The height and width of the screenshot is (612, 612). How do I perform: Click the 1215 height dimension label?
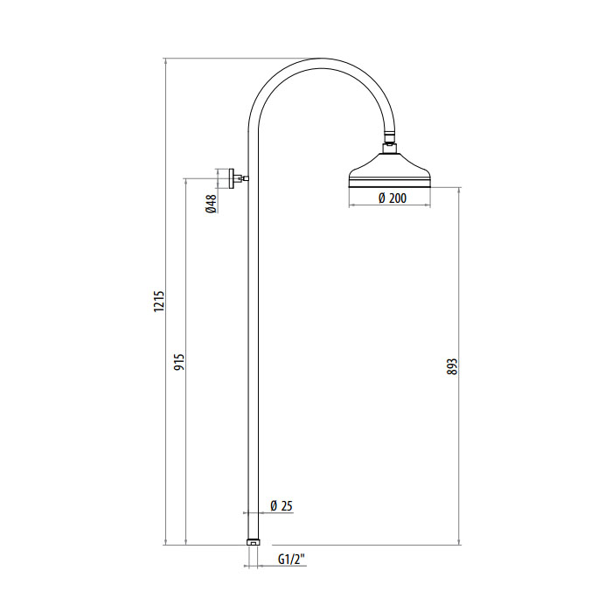pyautogui.click(x=159, y=301)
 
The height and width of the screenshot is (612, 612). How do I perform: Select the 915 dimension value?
pyautogui.click(x=179, y=362)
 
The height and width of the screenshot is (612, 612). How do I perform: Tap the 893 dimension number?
pyautogui.click(x=452, y=366)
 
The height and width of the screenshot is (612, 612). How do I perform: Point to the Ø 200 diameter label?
pyautogui.click(x=393, y=198)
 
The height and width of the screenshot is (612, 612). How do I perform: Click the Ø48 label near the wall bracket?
pyautogui.click(x=211, y=204)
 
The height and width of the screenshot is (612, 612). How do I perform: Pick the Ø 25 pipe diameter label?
pyautogui.click(x=281, y=506)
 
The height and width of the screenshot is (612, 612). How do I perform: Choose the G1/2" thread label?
pyautogui.click(x=291, y=560)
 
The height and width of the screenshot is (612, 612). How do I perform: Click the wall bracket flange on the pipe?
pyautogui.click(x=232, y=178)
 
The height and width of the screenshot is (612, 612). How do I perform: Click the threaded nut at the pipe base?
pyautogui.click(x=254, y=542)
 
